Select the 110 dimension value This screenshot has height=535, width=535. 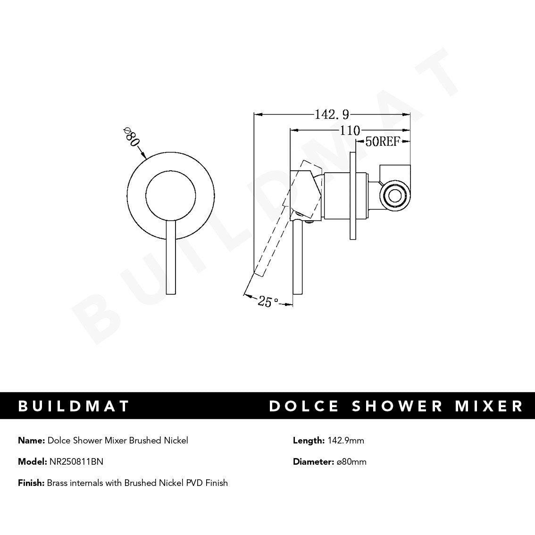[350, 130]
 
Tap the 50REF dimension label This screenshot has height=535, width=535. [383, 142]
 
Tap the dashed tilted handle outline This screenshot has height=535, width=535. [274, 236]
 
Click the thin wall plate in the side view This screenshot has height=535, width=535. [353, 196]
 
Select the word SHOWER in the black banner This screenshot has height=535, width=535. [398, 406]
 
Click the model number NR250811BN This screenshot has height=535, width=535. [76, 462]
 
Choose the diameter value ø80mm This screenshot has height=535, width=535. [351, 462]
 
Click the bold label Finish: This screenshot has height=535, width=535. [31, 483]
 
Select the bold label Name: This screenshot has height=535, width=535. [31, 441]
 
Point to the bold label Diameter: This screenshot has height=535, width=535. [313, 462]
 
